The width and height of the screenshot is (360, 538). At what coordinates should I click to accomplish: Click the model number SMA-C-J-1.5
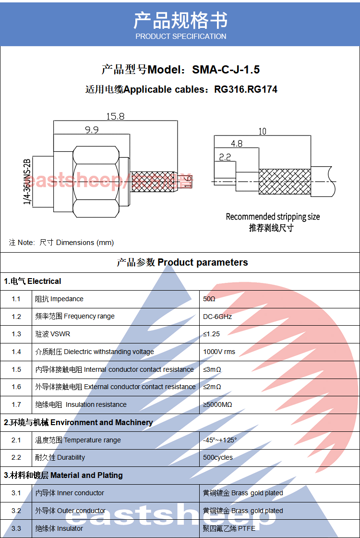[x=226, y=70]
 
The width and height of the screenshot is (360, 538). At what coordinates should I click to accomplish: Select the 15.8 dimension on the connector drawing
[x=115, y=116]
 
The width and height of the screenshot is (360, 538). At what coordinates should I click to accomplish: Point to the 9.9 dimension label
[x=92, y=130]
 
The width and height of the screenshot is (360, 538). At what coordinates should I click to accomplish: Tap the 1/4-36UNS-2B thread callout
[x=27, y=182]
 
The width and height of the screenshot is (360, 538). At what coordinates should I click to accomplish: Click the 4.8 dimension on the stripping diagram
[x=237, y=144]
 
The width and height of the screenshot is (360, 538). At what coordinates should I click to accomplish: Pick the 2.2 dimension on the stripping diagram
[x=225, y=157]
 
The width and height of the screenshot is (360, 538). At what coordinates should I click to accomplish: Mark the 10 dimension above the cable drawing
[x=262, y=131]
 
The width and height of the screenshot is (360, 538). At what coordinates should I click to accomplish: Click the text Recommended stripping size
[x=273, y=217]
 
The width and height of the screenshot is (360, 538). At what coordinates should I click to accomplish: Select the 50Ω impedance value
[x=209, y=299]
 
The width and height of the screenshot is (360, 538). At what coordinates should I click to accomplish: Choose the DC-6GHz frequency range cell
[x=217, y=317]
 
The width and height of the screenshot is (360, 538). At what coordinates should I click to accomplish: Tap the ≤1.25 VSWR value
[x=211, y=334]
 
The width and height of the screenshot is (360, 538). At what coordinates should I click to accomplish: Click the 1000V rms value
[x=219, y=352]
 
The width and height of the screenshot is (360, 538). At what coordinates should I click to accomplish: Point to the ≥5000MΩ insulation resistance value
[x=217, y=404]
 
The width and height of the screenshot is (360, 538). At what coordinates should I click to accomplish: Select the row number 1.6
[x=16, y=387]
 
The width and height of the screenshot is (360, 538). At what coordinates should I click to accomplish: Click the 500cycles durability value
[x=218, y=457]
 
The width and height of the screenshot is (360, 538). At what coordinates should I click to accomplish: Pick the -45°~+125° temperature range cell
[x=220, y=440]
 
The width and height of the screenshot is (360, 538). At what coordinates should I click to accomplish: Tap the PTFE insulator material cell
[x=229, y=528]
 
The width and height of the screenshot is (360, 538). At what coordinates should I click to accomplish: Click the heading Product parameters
[x=203, y=262]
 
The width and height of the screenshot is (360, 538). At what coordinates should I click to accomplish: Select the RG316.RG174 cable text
[x=245, y=89]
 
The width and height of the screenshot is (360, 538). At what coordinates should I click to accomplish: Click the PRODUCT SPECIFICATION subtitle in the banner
[x=180, y=37]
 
